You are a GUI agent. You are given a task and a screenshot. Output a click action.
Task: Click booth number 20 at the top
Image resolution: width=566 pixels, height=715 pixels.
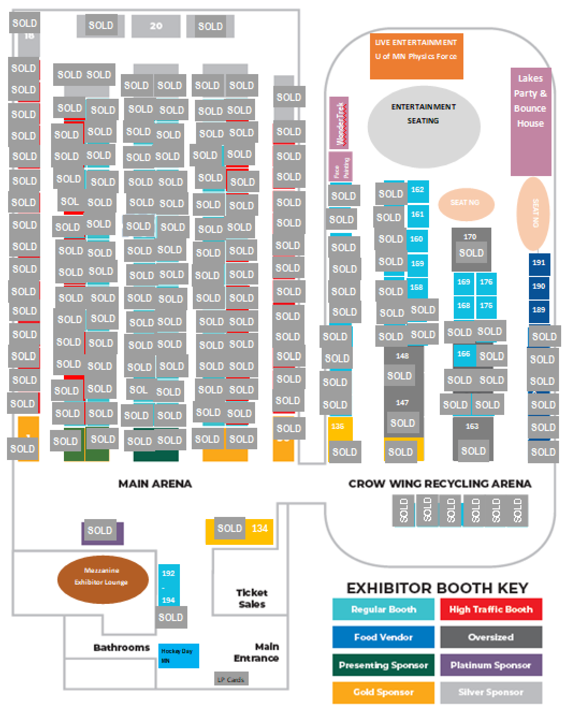156,26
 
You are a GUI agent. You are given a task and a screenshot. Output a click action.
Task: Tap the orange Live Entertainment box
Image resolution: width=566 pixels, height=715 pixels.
416,56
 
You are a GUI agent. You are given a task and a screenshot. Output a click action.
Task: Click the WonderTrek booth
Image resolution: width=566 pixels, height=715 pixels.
339,123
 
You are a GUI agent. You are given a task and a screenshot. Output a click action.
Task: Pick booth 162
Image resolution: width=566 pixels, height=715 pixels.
418,190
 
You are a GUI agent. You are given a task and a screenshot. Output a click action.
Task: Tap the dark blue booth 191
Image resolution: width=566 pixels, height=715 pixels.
539,263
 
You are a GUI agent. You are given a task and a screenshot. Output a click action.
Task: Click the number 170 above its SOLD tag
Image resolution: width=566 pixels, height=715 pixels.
470,237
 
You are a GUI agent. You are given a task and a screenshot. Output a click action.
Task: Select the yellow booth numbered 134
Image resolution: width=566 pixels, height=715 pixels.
260,529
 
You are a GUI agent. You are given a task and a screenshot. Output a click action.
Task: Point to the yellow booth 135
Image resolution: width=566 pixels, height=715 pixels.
338,427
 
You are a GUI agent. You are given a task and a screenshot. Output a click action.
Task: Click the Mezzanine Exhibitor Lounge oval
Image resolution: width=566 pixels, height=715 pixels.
102,579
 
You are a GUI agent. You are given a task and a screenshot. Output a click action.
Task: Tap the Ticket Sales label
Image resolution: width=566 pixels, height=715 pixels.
251,599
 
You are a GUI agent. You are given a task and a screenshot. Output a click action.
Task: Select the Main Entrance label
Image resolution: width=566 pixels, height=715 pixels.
257,652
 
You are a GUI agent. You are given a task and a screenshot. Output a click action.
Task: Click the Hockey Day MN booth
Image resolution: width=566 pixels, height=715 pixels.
178,656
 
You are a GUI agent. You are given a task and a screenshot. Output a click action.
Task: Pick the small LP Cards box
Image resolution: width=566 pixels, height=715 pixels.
231,680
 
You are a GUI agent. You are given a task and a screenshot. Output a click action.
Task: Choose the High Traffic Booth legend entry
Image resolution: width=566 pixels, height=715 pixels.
491,609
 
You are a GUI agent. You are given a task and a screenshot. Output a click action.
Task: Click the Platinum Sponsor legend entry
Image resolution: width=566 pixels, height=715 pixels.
491,665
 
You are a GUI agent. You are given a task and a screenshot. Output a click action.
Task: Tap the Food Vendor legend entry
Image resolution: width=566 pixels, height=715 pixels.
383,637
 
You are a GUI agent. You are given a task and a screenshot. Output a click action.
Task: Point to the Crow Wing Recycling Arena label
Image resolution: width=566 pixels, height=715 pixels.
440,484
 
